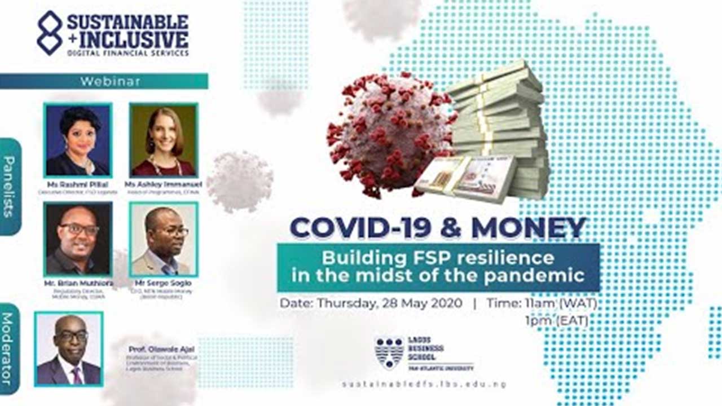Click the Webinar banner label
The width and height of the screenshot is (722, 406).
pyautogui.click(x=110, y=81)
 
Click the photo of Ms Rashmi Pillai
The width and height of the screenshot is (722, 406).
pyautogui.click(x=78, y=140)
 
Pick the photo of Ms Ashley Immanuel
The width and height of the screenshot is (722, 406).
pyautogui.click(x=164, y=140)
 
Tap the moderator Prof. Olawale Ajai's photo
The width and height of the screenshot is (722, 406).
pyautogui.click(x=69, y=348)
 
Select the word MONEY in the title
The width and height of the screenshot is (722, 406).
pyautogui.click(x=529, y=227)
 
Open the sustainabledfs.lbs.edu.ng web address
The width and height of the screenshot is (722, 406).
pyautogui.click(x=424, y=385)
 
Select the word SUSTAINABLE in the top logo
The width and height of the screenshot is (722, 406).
pyautogui.click(x=128, y=23)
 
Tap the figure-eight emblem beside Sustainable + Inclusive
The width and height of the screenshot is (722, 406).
pyautogui.click(x=50, y=33)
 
